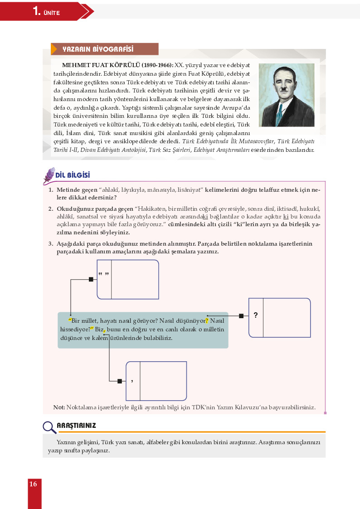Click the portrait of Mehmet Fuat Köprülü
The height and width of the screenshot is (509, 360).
[x=287, y=95]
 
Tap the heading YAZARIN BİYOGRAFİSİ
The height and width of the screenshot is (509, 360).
[x=107, y=49]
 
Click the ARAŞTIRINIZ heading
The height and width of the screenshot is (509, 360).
[x=76, y=426]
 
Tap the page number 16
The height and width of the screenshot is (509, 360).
[x=33, y=484]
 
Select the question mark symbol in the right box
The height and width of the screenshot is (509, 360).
[x=256, y=315]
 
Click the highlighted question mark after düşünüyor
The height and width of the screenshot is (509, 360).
[x=207, y=321]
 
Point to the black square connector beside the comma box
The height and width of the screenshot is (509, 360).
[x=120, y=381]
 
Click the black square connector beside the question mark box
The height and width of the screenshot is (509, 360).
[x=241, y=316]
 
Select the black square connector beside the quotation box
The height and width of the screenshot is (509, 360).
[x=91, y=279]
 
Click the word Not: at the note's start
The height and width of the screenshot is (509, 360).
[x=59, y=407]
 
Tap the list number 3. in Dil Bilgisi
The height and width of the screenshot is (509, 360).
[x=51, y=244]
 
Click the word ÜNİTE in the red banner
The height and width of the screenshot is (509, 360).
[x=52, y=13]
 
